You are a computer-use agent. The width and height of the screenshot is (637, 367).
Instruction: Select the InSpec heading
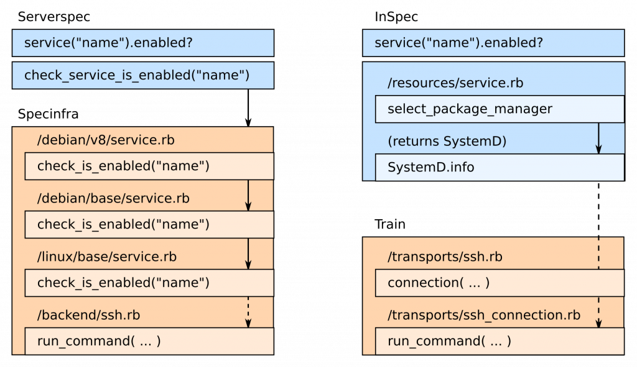[x=397, y=17]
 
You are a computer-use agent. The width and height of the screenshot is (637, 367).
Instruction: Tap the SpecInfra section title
[x=48, y=114]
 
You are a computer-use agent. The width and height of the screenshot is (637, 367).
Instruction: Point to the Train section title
[x=390, y=224]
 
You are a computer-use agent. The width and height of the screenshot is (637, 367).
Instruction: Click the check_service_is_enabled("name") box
[x=143, y=76]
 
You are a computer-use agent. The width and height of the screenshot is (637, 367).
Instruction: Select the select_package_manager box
[x=499, y=109]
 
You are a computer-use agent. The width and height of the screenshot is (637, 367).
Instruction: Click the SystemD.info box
[x=499, y=168]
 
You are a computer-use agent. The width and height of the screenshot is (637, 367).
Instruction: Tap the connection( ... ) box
[x=499, y=283]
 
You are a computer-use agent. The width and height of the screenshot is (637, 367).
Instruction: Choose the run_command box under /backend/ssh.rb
[x=149, y=341]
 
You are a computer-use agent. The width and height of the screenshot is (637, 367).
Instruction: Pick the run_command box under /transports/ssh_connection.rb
[x=499, y=341]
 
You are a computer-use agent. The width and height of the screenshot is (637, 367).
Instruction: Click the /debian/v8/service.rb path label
[x=106, y=140]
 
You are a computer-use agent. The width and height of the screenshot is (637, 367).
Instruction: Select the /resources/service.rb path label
[x=455, y=83]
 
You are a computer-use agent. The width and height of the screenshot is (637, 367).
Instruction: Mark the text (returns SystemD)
[x=447, y=141]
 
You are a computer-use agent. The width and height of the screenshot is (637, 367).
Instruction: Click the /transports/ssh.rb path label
[x=445, y=256]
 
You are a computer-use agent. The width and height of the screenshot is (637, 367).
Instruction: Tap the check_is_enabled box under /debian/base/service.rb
[x=149, y=224]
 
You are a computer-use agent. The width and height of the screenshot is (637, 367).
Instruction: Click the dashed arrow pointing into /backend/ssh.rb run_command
[x=248, y=312]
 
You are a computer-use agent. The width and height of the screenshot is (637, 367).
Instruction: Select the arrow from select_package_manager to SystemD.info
[x=598, y=138]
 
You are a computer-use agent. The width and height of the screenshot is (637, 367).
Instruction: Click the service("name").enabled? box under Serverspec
[x=143, y=43]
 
